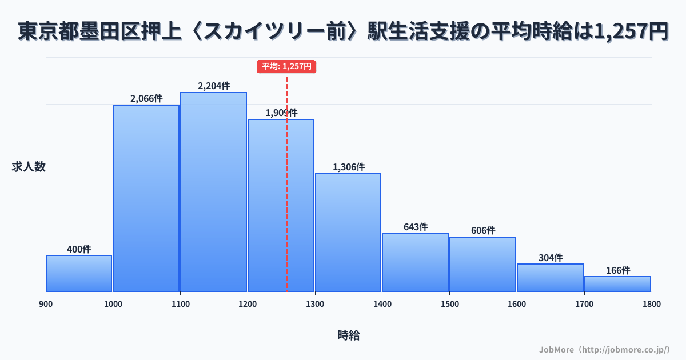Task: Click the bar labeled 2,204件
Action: click(213, 192)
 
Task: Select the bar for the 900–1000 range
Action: click(79, 273)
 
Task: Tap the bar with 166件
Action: click(617, 284)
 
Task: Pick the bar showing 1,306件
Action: click(348, 233)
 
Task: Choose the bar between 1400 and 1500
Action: click(416, 262)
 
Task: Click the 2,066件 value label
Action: click(146, 98)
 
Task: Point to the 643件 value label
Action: click(416, 227)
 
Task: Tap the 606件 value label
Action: click(483, 230)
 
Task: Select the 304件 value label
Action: click(551, 258)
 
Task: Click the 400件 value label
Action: click(79, 249)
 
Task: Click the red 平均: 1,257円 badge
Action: click(286, 66)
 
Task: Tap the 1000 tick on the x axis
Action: click(113, 304)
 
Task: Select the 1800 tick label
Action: click(651, 304)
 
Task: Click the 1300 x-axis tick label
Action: click(315, 304)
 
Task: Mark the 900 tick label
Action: click(46, 304)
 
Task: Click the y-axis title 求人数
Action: click(29, 167)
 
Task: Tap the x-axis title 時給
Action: click(348, 335)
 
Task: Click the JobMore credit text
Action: click(605, 349)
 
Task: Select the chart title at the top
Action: click(343, 31)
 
